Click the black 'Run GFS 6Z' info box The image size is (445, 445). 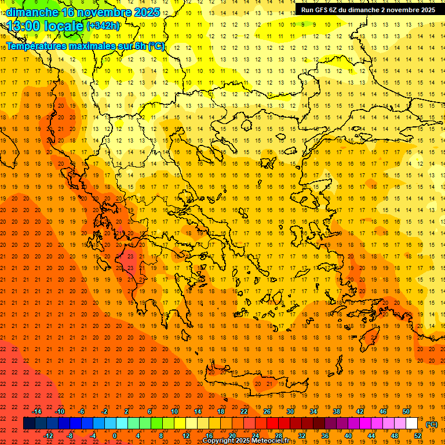pos(369,10)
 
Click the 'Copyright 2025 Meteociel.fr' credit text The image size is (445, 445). pos(246,441)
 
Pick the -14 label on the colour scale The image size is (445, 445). pos(37,411)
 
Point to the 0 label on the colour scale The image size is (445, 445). pos(114,435)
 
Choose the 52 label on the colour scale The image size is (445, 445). pos(418,435)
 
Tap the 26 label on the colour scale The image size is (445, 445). pos(267,411)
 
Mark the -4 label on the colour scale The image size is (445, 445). pos(92,435)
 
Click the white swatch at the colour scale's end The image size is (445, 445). pos(412,424)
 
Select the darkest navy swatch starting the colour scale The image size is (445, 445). pos(30,424)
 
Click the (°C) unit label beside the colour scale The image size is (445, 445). pos(432,424)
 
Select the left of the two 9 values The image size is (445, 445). pos(302,24)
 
